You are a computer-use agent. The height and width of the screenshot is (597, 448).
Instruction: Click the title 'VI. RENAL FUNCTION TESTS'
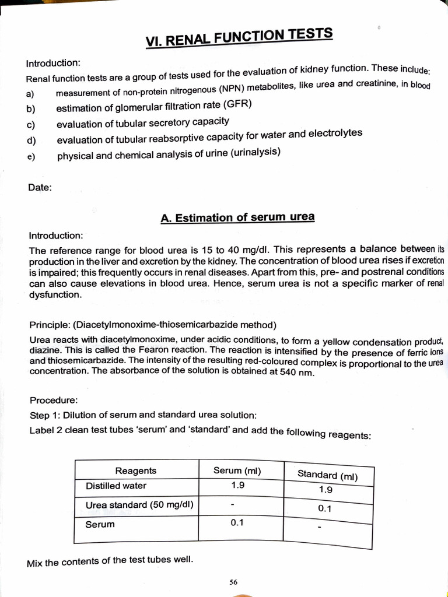pyautogui.click(x=239, y=37)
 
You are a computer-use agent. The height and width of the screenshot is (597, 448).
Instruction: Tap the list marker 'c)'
pyautogui.click(x=31, y=124)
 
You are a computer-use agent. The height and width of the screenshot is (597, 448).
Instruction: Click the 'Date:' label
pyautogui.click(x=40, y=187)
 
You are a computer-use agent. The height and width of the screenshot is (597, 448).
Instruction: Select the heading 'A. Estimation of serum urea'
pyautogui.click(x=237, y=217)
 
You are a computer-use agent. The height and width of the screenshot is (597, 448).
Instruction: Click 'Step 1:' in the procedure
pyautogui.click(x=45, y=415)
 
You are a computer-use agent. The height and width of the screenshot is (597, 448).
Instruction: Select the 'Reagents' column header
pyautogui.click(x=135, y=470)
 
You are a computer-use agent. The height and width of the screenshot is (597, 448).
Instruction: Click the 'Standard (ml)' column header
pyautogui.click(x=327, y=475)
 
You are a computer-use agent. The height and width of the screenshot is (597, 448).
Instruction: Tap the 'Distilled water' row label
pyautogui.click(x=116, y=486)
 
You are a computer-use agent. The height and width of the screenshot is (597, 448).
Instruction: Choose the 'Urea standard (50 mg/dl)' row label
pyautogui.click(x=139, y=505)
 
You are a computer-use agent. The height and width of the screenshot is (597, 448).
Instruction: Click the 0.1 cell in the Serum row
pyautogui.click(x=237, y=522)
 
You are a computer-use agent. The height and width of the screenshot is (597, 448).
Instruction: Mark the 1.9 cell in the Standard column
pyautogui.click(x=325, y=490)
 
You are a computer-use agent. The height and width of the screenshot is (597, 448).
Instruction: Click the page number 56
pyautogui.click(x=233, y=582)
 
